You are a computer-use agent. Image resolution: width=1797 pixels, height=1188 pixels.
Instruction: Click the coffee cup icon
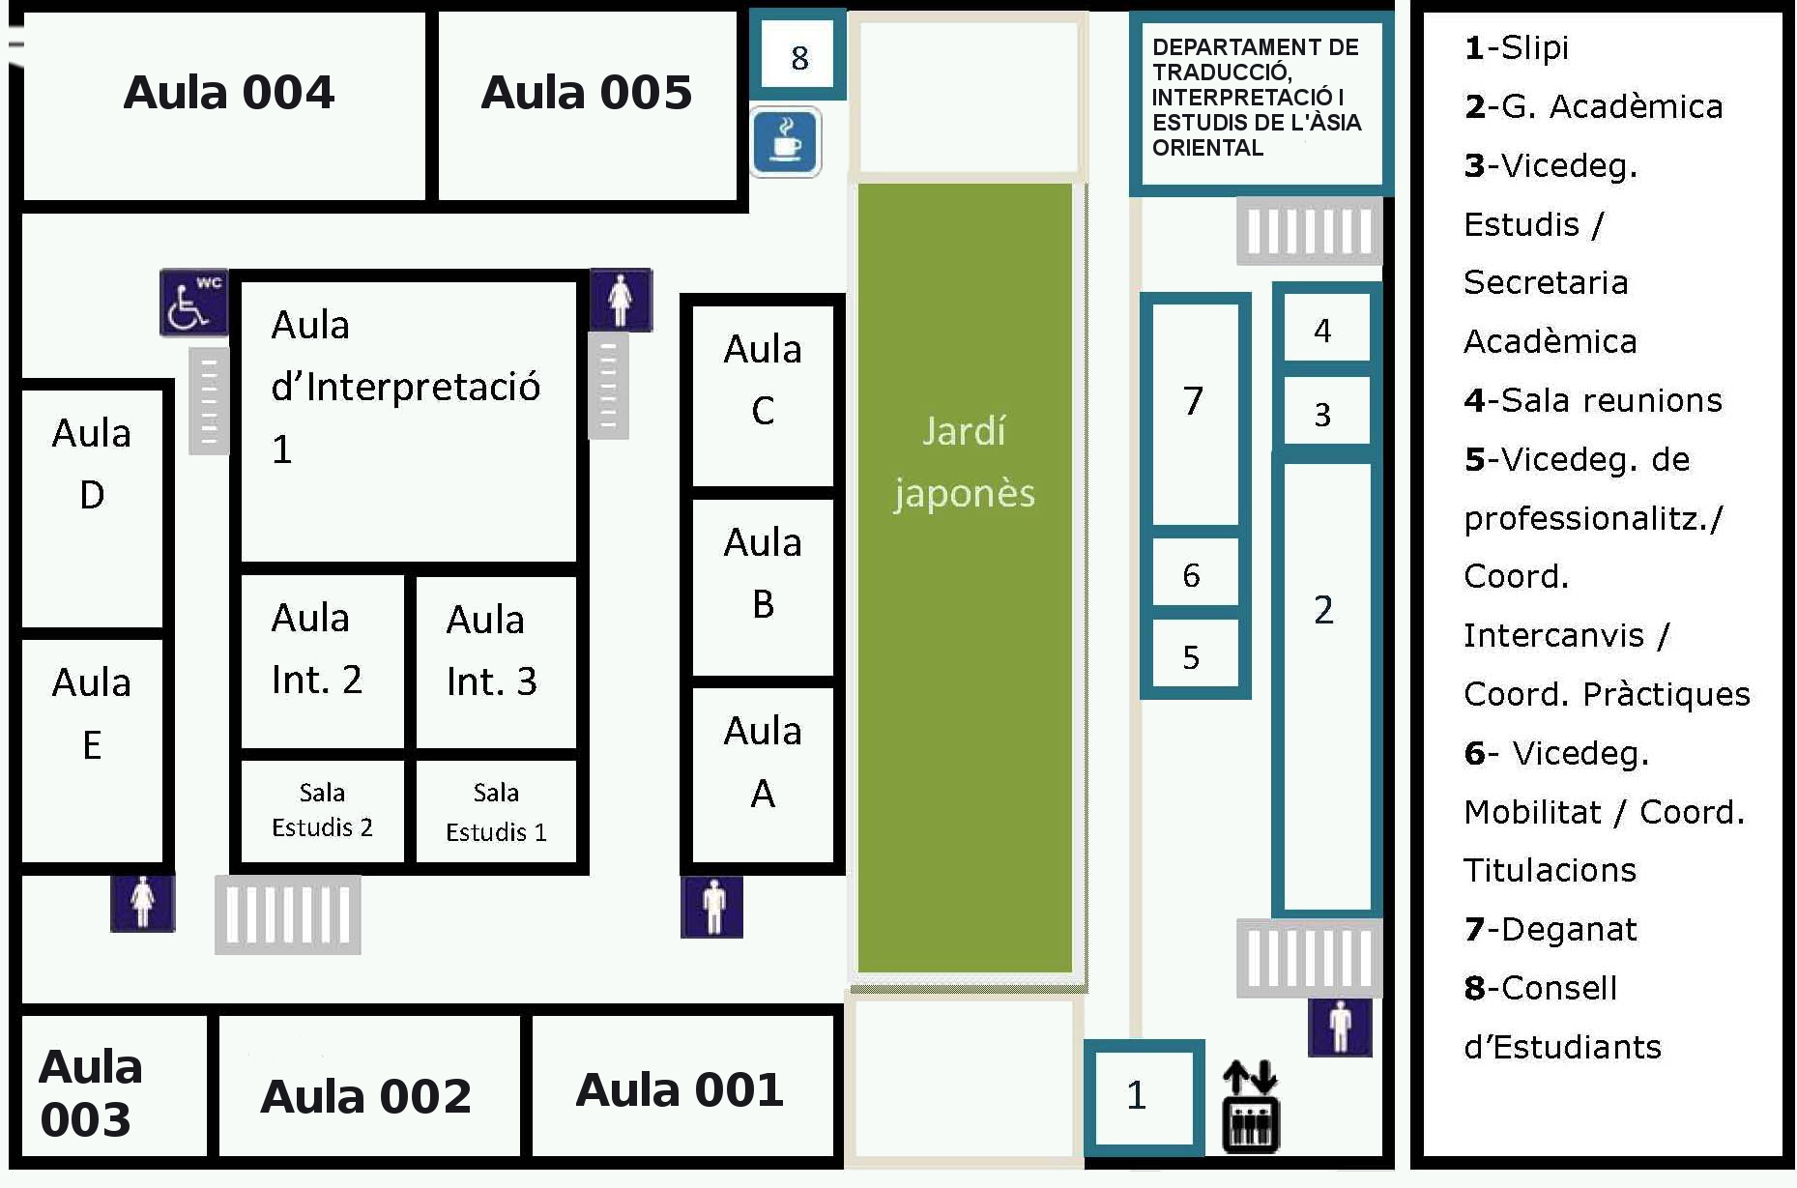(786, 142)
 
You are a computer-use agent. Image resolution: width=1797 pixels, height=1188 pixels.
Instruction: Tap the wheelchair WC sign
(193, 303)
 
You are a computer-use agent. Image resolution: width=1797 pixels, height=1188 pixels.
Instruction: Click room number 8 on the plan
(799, 58)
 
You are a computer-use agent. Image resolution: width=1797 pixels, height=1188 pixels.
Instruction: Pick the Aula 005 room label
(587, 93)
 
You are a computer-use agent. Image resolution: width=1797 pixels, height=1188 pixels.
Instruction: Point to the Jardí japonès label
(964, 462)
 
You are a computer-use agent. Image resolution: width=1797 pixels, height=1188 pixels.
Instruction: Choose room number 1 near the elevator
(1137, 1095)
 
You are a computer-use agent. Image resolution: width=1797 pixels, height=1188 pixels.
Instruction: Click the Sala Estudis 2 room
(322, 810)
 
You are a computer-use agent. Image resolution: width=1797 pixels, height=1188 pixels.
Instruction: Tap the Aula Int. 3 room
(492, 651)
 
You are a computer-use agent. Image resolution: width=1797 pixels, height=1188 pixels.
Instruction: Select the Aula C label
(763, 379)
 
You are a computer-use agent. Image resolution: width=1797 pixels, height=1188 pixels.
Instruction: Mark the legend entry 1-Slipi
(1517, 47)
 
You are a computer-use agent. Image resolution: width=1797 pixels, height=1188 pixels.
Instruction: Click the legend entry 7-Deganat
(1551, 929)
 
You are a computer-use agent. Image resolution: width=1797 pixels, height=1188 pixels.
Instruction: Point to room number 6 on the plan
(1191, 575)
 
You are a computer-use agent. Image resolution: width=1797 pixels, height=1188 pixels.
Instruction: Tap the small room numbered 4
(1322, 331)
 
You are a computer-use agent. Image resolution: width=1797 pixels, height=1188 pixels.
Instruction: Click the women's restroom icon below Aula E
(143, 903)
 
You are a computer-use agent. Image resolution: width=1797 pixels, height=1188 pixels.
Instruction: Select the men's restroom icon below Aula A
(712, 907)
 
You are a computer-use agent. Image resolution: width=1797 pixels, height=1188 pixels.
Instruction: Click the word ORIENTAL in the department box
(1207, 148)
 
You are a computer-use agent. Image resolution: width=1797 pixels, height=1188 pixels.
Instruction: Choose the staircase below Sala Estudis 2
(288, 914)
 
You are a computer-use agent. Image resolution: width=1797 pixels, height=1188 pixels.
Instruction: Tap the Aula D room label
(92, 464)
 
